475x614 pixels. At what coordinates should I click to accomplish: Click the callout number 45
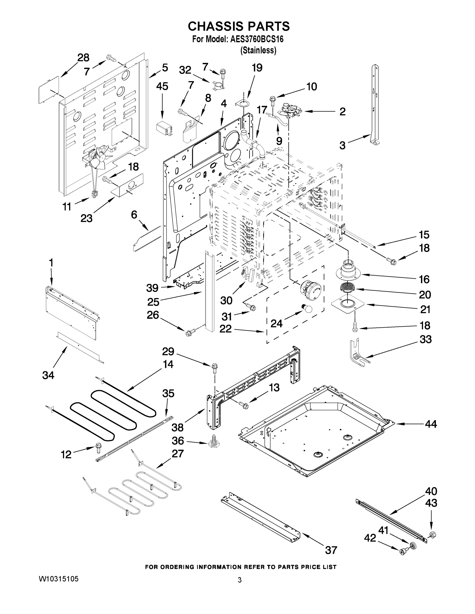[162, 86]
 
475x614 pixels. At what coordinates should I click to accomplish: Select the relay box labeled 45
[164, 129]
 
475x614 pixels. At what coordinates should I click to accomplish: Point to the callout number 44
[430, 424]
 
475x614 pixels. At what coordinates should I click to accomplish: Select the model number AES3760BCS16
[257, 39]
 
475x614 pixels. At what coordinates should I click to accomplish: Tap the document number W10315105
[59, 579]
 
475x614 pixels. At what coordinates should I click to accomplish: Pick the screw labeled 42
[402, 552]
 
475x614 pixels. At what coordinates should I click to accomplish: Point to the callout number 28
[83, 58]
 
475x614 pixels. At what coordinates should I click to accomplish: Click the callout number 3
[342, 145]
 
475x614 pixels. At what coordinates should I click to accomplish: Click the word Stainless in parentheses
[258, 50]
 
